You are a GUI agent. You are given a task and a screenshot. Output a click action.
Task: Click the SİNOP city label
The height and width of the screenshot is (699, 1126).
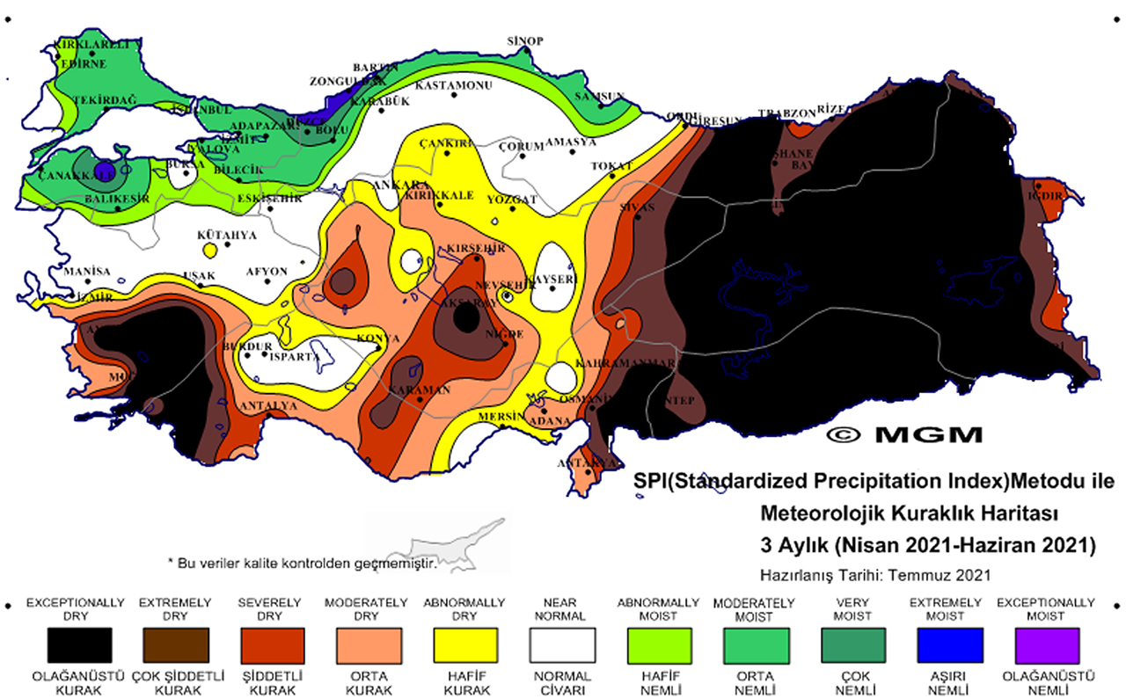point(526,41)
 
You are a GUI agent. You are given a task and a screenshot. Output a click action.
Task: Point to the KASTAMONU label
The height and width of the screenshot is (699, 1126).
point(453,85)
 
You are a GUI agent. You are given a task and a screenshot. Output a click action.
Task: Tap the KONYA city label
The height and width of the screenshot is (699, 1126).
point(378,339)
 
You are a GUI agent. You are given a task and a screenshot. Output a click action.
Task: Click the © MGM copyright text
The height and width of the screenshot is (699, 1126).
point(904,434)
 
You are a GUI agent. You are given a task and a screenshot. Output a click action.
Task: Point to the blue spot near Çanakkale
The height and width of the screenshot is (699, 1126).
point(104,171)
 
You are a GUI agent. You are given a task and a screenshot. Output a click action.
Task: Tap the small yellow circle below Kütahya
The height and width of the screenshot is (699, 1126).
point(209,251)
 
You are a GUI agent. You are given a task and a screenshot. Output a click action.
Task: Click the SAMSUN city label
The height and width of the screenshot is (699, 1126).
point(599,97)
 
